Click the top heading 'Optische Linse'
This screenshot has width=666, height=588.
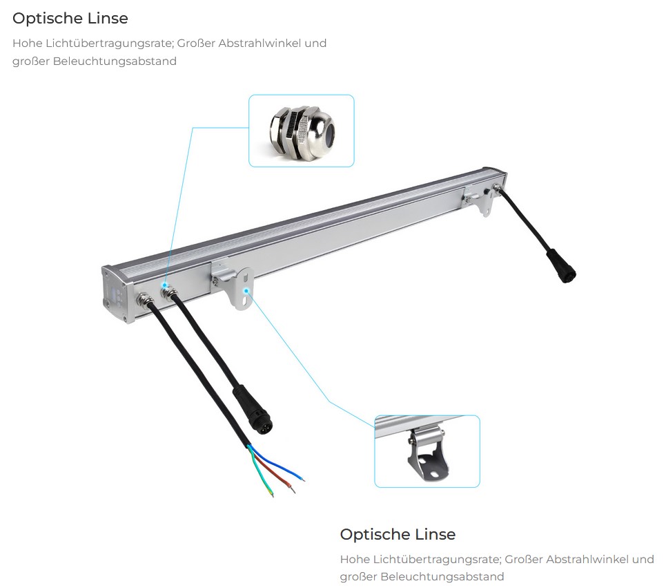coord(70,18)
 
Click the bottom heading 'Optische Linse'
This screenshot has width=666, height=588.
coord(398,534)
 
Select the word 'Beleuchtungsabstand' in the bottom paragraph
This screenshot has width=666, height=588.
coord(442,577)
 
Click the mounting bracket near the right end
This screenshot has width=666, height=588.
coord(478,199)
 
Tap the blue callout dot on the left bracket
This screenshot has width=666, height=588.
coord(246,291)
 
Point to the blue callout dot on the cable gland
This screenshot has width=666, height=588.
coord(164,285)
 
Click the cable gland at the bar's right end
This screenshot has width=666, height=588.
coord(496,187)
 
